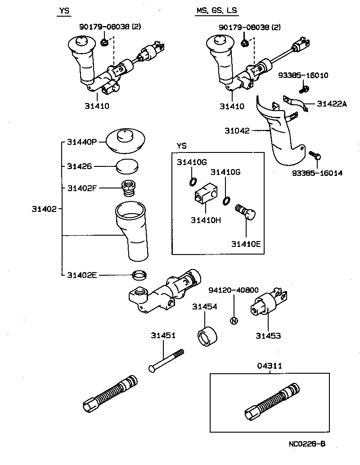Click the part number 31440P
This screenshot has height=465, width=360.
tap(82, 141)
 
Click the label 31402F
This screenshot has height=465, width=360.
tap(82, 188)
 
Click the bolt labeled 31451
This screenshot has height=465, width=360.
tap(166, 360)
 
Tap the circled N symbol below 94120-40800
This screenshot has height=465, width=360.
tap(233, 321)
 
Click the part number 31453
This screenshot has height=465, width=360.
tap(268, 335)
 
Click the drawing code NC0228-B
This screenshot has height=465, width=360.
tap(307, 444)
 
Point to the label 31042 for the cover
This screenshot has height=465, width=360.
tap(237, 131)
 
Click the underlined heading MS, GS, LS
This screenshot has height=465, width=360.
tap(216, 11)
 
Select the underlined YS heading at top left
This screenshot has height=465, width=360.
tap(64, 11)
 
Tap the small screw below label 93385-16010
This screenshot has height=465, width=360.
tap(303, 90)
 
